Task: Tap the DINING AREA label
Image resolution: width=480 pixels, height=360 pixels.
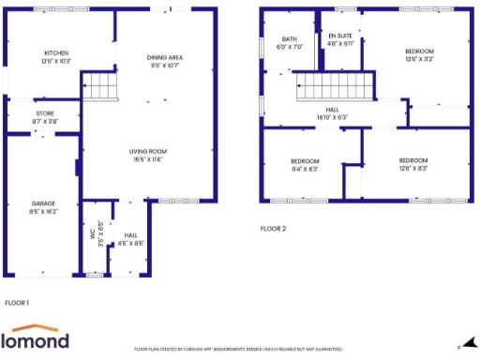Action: point(169,57)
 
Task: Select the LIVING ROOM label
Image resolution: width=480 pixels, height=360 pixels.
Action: point(148,151)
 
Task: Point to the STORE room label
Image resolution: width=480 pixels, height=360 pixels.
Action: point(44,113)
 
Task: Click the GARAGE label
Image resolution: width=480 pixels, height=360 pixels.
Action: point(44,203)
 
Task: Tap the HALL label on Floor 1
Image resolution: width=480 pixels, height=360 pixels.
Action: point(130,235)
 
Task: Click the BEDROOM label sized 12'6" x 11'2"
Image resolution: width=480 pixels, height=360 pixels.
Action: point(419,51)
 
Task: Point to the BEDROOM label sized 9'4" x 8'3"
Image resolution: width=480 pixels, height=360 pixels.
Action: point(305,161)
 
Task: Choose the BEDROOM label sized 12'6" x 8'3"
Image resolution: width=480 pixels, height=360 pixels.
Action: point(412,160)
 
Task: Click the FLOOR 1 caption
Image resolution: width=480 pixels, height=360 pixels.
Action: point(18,303)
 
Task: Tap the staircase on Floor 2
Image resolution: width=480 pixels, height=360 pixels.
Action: point(335,91)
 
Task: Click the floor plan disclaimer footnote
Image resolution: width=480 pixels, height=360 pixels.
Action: point(238,349)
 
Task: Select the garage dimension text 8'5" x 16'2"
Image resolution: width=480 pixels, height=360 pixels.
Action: point(44,213)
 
